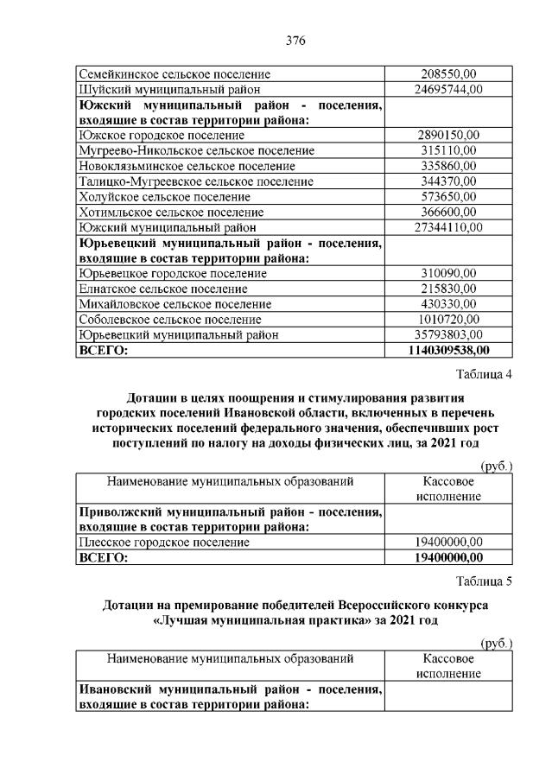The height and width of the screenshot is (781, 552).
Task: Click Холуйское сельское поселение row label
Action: click(164, 197)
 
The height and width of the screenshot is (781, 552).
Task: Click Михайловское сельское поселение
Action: click(174, 305)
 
